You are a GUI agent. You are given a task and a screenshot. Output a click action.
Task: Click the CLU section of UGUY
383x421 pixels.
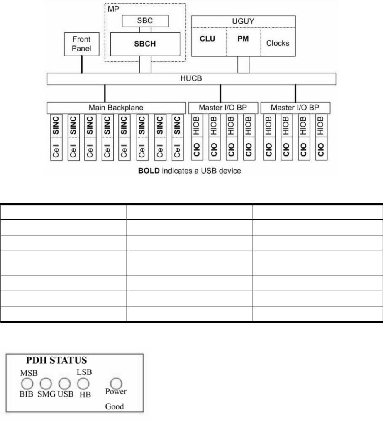click(x=208, y=42)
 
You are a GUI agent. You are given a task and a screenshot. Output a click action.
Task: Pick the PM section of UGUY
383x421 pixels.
click(x=243, y=42)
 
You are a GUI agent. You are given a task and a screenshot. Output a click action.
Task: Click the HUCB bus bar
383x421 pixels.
click(x=191, y=79)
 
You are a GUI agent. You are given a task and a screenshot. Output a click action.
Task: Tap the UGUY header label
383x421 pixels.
click(x=243, y=20)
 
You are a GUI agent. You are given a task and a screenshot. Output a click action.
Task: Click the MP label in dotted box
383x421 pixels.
click(x=113, y=8)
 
